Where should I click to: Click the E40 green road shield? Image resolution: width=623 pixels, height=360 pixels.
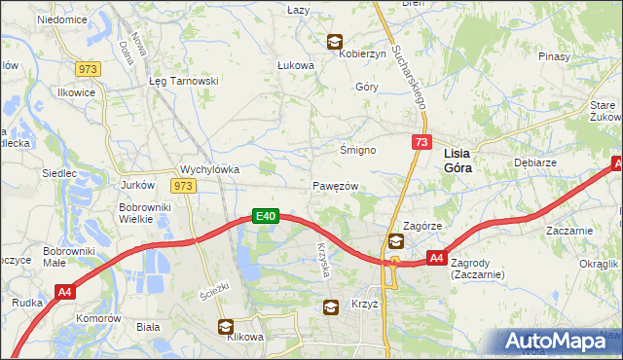coord(268,216)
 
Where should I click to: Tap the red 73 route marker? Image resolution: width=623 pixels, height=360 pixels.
coord(421,142)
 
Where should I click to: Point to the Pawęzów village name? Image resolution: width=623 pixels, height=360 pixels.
coord(337,186)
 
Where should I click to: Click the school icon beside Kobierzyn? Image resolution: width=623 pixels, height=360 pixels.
coord(335,42)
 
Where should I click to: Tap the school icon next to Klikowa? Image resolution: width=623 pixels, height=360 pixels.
coord(226,327)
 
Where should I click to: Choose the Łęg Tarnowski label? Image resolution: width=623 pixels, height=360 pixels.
coord(182,81)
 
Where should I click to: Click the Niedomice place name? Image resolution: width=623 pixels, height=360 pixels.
coord(61,19)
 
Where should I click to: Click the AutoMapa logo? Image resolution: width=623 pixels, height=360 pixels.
coord(557,342)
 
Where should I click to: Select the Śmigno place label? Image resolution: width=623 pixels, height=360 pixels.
coord(357,150)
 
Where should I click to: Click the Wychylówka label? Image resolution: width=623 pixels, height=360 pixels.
coord(210,168)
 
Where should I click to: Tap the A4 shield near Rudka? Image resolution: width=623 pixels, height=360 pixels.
coord(65,291)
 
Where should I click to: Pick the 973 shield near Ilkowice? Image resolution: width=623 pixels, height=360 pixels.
coord(89,67)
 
